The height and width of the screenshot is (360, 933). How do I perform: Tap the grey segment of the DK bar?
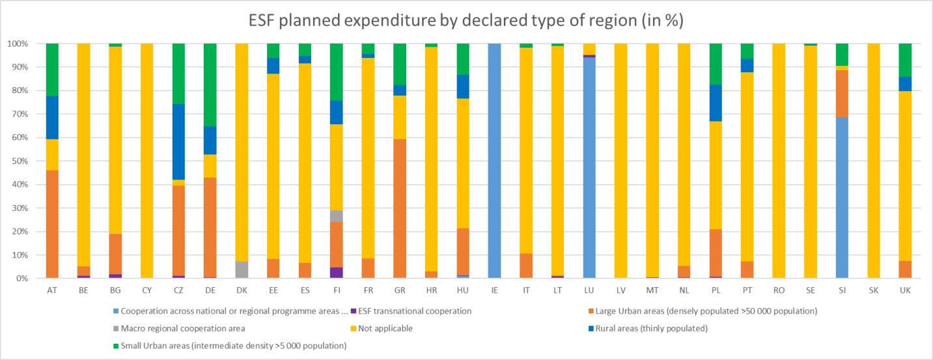242,270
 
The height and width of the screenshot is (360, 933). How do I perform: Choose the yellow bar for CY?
146,161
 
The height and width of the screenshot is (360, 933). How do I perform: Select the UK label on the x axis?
905,288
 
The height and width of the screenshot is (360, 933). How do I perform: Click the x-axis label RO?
779,288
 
